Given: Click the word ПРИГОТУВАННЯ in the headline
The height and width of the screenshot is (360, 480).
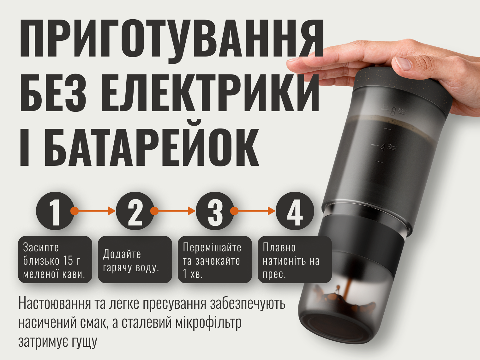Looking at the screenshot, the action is [172, 39].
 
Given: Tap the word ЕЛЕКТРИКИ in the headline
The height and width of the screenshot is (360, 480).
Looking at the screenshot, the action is [210, 93].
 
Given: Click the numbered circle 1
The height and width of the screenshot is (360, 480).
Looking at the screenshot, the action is [55, 211].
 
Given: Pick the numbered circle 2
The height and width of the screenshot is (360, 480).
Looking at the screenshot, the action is [135, 211].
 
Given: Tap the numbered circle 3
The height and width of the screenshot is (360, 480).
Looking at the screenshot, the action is [215, 211].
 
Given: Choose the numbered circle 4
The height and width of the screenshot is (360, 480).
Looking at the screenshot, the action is [295, 211].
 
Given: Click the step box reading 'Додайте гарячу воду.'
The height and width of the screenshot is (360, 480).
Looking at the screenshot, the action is [135, 260].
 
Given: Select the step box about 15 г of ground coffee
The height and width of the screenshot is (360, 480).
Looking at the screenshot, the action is [55, 260].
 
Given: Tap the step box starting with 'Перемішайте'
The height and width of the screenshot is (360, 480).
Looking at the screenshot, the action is [215, 260].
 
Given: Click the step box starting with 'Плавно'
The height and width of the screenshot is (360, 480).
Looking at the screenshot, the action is [295, 260].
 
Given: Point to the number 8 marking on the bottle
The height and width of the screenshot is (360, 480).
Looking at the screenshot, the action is [393, 112].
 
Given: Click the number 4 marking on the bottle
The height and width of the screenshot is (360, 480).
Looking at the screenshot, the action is [382, 147].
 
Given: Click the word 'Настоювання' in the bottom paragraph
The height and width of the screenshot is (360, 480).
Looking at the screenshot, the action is [54, 303].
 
